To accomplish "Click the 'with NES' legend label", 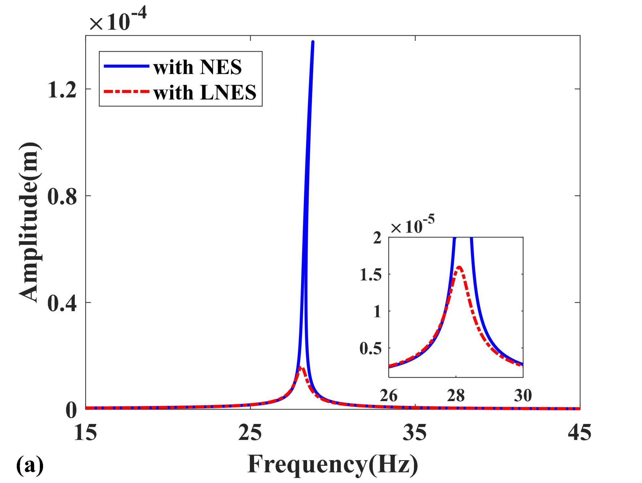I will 198,67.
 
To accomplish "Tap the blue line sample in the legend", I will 127,66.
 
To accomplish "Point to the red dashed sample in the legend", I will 127,92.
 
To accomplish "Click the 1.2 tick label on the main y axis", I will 62,90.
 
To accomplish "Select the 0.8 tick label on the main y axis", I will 62,196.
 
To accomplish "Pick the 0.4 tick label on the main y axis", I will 62,303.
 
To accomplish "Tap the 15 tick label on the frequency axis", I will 85,433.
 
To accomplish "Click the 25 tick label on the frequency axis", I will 250,433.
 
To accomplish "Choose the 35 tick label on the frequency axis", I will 415,433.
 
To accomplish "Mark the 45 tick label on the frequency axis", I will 580,433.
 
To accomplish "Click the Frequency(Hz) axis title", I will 333,464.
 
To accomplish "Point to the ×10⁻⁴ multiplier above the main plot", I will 118,20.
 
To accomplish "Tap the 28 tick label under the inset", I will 456,395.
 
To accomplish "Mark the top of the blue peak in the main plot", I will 312,42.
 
